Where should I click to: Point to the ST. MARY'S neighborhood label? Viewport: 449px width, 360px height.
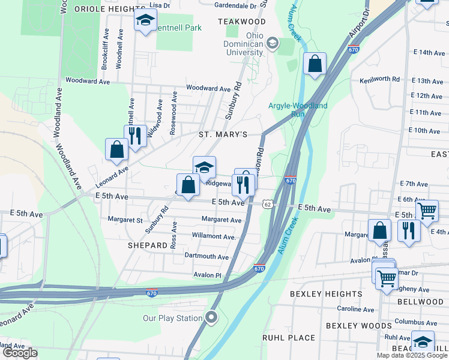point(223,135)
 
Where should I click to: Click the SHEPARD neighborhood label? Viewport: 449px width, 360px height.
point(147,245)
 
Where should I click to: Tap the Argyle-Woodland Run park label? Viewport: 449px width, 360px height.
point(298,110)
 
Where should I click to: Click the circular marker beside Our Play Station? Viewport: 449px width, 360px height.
point(211,317)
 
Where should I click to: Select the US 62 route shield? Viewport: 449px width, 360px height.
point(267,205)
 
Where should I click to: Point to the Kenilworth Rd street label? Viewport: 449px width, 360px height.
point(379,79)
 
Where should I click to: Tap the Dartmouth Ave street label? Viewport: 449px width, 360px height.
point(206,257)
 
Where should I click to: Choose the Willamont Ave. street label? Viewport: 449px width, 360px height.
point(213,236)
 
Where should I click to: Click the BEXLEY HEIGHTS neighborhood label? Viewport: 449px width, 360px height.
point(326,294)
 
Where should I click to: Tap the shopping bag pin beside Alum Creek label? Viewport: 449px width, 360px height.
point(315,64)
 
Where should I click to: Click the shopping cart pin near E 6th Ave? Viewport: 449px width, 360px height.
point(427,211)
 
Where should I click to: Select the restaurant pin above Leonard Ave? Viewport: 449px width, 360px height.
point(134,135)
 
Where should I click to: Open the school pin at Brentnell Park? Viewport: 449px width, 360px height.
point(145,20)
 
